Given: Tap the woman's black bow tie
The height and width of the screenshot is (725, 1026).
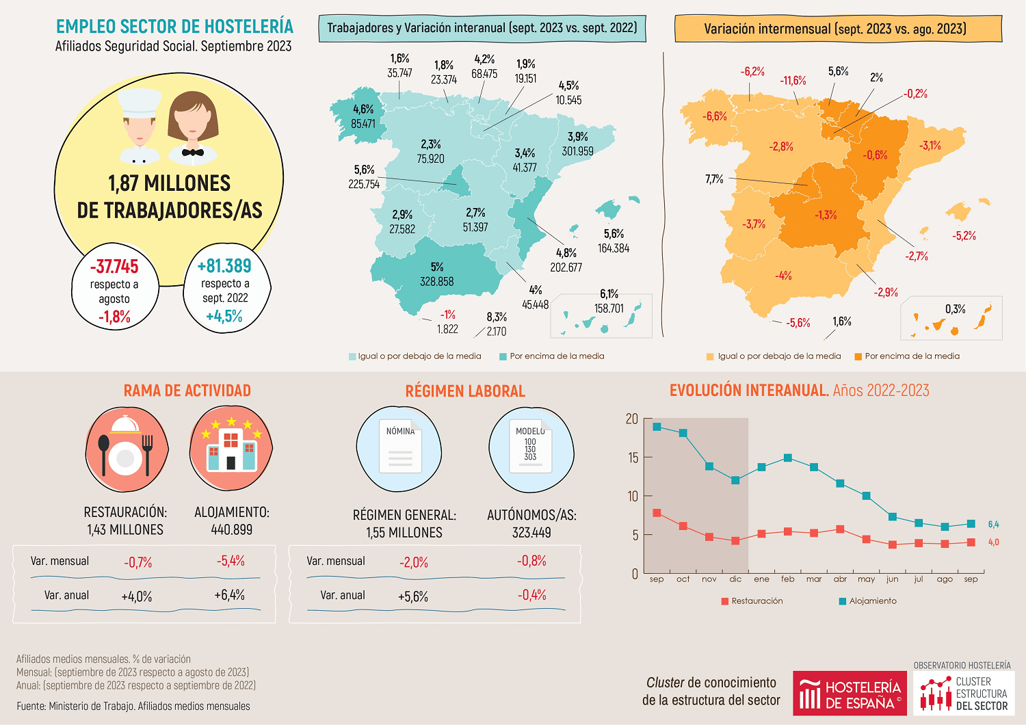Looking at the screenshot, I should [x=193, y=152].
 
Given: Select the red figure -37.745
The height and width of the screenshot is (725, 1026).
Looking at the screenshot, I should [x=114, y=266].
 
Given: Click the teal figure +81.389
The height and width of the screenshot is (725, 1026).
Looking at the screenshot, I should [x=224, y=265].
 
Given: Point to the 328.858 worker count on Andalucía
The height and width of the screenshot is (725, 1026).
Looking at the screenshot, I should [x=436, y=281].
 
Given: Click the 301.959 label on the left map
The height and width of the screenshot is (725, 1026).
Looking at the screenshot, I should [x=577, y=151].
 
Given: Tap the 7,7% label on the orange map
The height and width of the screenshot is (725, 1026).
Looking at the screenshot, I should [x=714, y=179].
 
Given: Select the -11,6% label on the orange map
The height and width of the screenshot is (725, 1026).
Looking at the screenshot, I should [x=793, y=81].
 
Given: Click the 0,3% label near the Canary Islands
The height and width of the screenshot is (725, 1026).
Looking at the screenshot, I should [x=955, y=309].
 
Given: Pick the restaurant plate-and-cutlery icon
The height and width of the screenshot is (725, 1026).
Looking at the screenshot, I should [x=127, y=449].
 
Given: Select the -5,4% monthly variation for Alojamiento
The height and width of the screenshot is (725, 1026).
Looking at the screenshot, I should [x=231, y=561].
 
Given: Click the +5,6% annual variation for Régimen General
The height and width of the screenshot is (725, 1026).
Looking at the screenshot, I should [x=413, y=596].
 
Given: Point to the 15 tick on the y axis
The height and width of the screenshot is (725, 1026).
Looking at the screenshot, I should [x=633, y=458].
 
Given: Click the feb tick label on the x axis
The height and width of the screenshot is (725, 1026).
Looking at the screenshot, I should [x=788, y=579].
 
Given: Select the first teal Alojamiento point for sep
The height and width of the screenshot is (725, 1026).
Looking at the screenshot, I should [x=657, y=427].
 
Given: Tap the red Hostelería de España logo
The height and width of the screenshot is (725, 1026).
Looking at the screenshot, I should [x=850, y=694].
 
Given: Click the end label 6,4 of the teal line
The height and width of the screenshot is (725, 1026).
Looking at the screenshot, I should [x=993, y=525].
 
